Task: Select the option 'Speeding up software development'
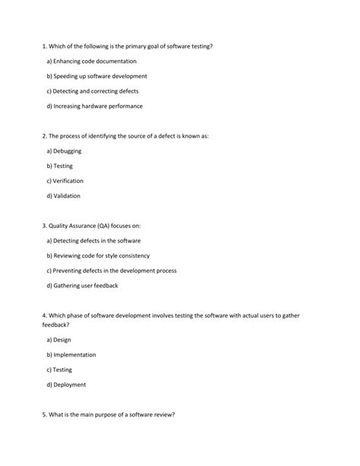96,76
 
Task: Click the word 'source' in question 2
137,136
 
